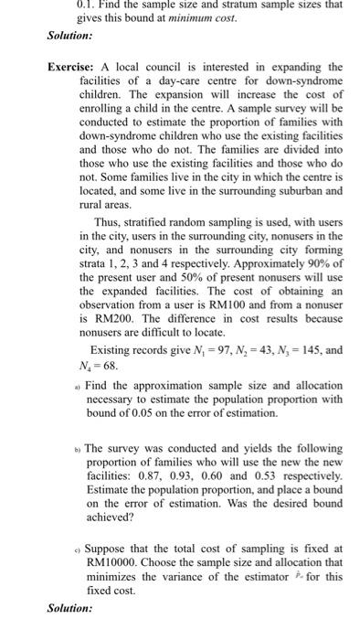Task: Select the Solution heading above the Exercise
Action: point(69,37)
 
